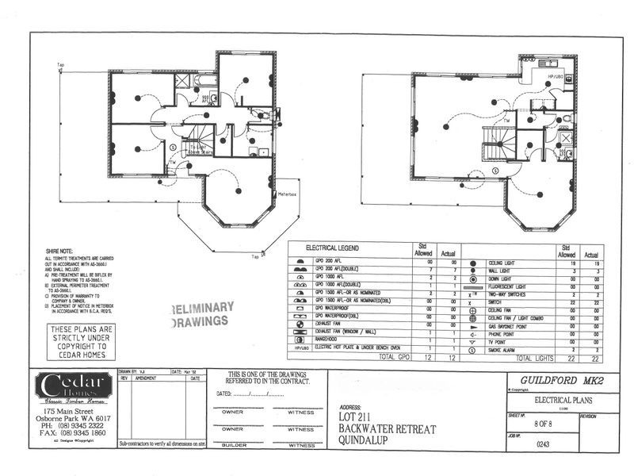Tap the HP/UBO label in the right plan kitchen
pos(555,77)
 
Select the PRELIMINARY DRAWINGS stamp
pos(202,314)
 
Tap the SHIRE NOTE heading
pos(59,251)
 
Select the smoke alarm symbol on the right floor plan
pos(495,171)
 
